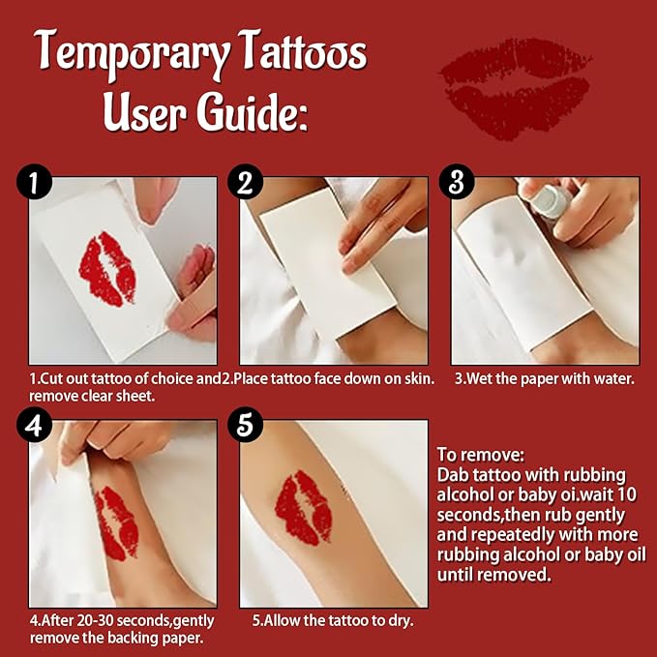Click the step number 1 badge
click(36, 183)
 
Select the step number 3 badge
click(457, 183)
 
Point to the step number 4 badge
click(36, 426)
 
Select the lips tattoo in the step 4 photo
click(122, 523)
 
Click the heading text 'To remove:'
click(479, 454)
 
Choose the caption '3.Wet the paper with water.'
click(545, 379)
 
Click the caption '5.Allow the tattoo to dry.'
click(334, 620)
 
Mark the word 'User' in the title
click(144, 113)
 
